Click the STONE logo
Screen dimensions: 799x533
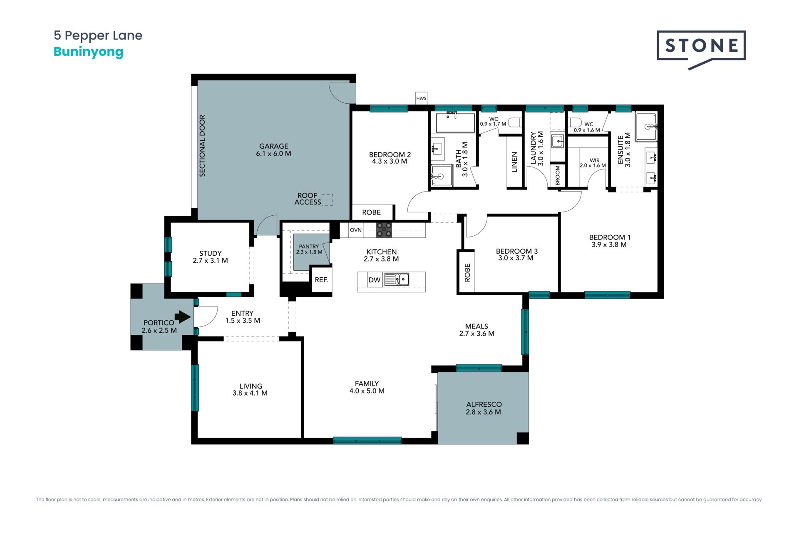click(x=701, y=49)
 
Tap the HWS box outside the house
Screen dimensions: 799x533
click(x=421, y=98)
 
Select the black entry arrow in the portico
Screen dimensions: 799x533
click(x=183, y=317)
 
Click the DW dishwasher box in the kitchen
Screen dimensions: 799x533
click(x=375, y=280)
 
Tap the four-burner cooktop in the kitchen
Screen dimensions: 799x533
click(x=384, y=230)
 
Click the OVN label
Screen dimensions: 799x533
click(x=356, y=230)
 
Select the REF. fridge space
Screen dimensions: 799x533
click(x=321, y=280)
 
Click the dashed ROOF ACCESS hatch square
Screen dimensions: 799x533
click(x=328, y=200)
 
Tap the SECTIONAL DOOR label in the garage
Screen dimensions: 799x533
click(x=202, y=146)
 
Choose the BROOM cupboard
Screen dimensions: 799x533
click(x=558, y=175)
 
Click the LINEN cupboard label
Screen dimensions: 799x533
click(x=514, y=162)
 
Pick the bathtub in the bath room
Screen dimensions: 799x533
click(x=455, y=122)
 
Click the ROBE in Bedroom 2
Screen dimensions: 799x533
click(x=372, y=212)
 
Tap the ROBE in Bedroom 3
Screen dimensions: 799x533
click(x=467, y=272)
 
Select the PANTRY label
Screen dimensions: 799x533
click(x=309, y=247)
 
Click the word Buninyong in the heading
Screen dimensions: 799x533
click(x=89, y=52)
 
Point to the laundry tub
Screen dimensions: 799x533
click(x=557, y=141)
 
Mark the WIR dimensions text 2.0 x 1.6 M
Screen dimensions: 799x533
click(x=593, y=165)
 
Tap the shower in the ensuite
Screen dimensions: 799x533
click(x=646, y=127)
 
